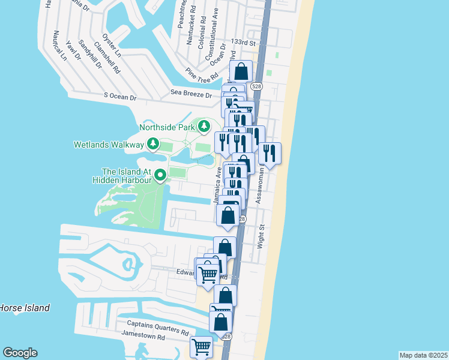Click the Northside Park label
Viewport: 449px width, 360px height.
tap(167, 127)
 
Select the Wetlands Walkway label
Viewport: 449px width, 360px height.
tap(109, 145)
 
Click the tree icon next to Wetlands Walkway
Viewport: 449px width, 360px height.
tap(153, 145)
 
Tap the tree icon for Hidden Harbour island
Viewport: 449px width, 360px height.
tap(160, 175)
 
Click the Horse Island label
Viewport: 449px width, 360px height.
tap(24, 308)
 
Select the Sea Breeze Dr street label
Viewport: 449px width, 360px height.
tap(191, 94)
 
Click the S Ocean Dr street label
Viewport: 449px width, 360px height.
tap(120, 96)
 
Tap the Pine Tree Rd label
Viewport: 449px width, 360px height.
tap(199, 76)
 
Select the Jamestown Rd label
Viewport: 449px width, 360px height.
tap(143, 338)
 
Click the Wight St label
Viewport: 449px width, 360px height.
tap(261, 236)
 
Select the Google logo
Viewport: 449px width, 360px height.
tap(20, 353)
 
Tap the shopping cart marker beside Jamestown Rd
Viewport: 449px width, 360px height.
tap(201, 346)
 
